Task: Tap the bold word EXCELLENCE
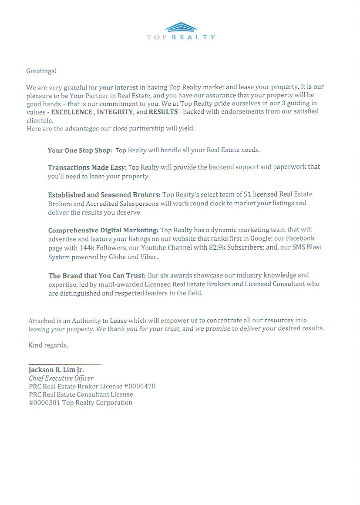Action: click(71, 111)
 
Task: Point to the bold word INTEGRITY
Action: click(115, 111)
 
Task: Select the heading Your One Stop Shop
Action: click(80, 150)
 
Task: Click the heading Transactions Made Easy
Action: click(87, 167)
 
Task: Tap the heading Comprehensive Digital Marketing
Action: click(103, 230)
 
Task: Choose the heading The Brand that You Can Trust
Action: click(97, 275)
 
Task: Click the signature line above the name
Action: click(65, 363)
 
